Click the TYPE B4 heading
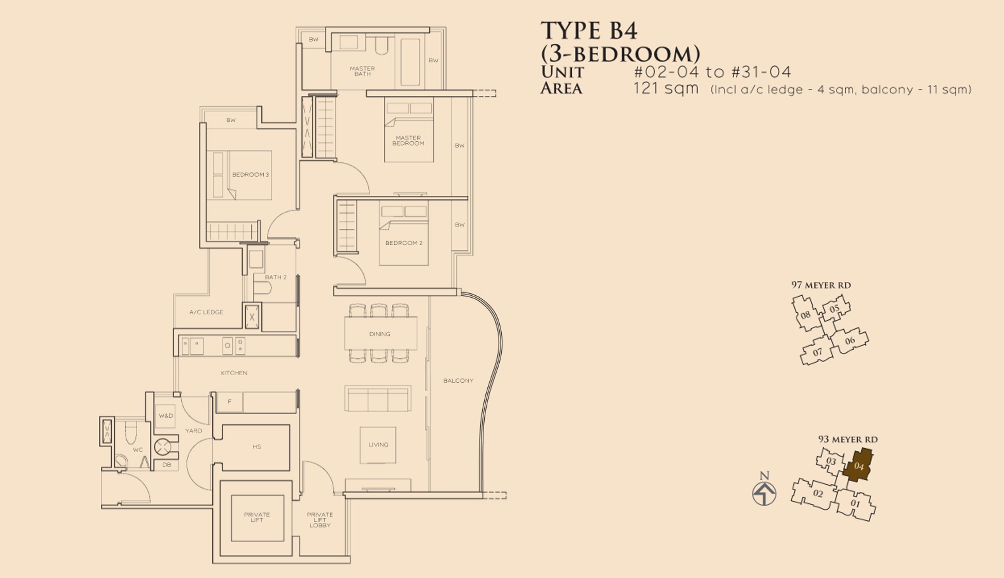point(589,30)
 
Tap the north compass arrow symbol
point(764,493)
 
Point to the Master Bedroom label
point(408,141)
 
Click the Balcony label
point(458,381)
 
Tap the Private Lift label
point(257,517)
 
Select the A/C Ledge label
point(206,312)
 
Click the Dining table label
point(380,334)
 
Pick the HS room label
point(257,447)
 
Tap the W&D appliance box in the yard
point(166,416)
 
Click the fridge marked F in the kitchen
point(229,402)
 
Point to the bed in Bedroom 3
point(239,175)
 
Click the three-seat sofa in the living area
point(378,399)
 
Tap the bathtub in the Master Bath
point(410,62)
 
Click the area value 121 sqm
point(666,88)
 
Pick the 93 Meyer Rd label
point(848,439)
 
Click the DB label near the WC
point(166,465)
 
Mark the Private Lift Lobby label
point(320,520)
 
